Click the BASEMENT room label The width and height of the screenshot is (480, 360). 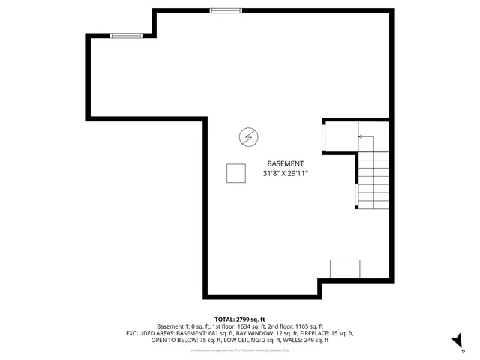tap(286, 163)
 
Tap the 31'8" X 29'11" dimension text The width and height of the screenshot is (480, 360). tap(286, 174)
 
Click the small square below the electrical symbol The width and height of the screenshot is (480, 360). tap(236, 173)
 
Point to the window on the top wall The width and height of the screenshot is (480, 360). tap(226, 10)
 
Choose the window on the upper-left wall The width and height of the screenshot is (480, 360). tap(126, 35)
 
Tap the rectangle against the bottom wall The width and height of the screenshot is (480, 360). tap(345, 268)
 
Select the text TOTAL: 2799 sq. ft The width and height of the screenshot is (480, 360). tap(239, 319)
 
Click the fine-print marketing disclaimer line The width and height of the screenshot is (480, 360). tap(239, 349)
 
